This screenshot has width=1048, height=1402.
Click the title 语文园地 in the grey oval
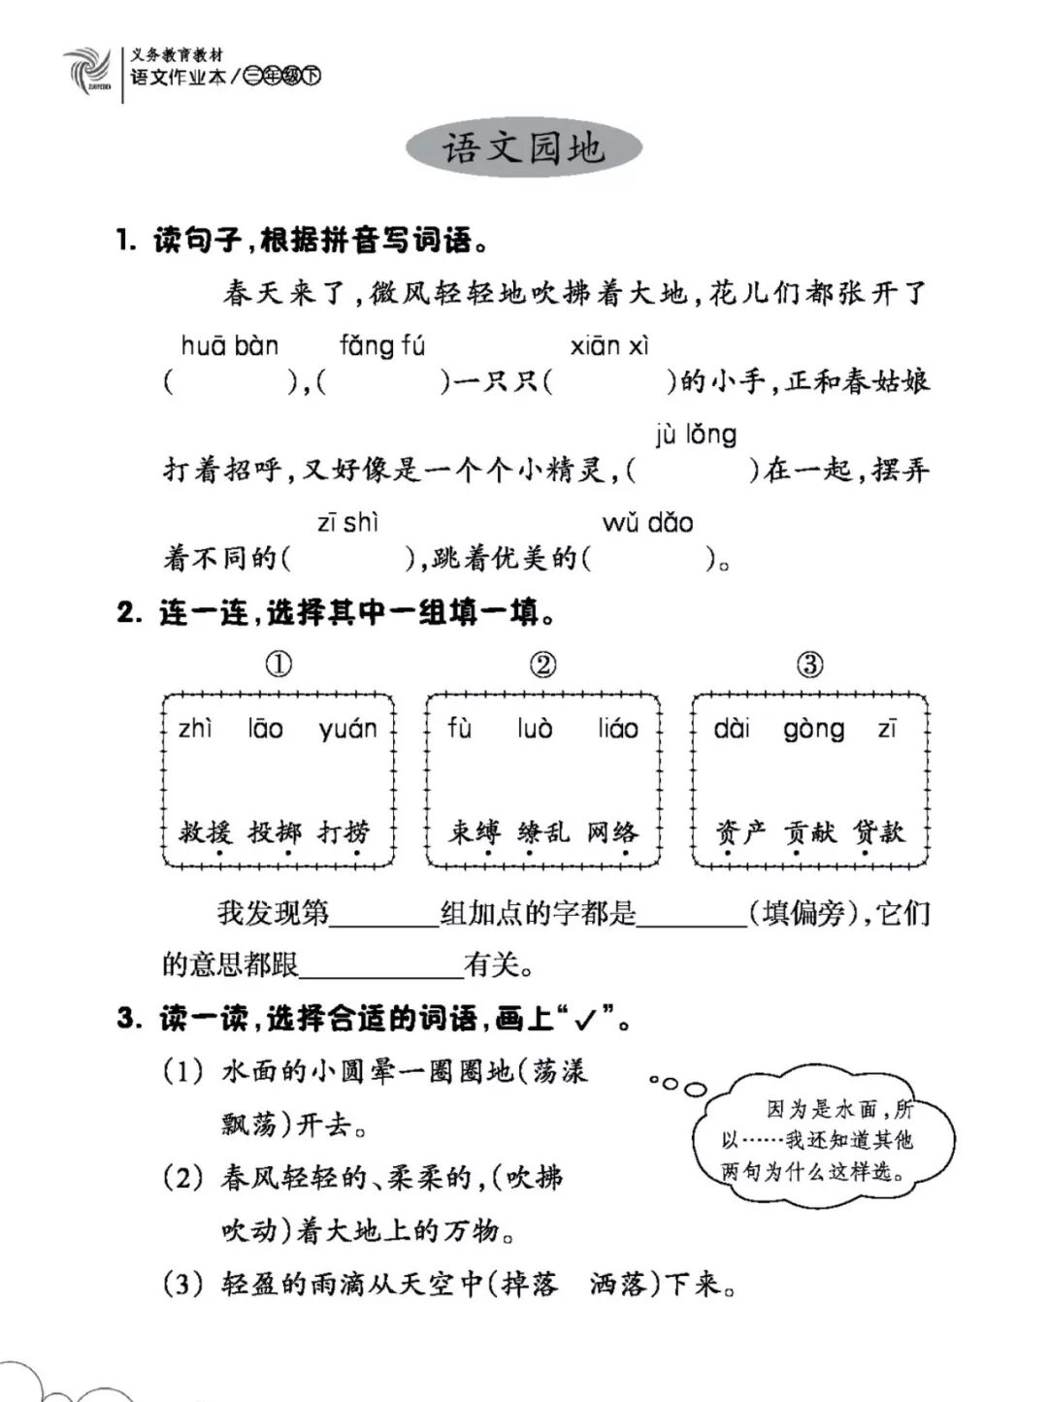click(x=524, y=148)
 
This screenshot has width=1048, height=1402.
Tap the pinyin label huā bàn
click(x=230, y=346)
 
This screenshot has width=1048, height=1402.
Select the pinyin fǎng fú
click(x=381, y=346)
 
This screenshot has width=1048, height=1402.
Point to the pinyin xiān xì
click(x=609, y=346)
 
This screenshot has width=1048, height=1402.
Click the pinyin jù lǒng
click(x=696, y=435)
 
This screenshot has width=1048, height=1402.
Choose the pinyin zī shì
click(x=347, y=523)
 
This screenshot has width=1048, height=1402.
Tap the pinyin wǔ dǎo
click(x=647, y=523)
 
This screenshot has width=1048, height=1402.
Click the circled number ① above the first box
click(x=278, y=665)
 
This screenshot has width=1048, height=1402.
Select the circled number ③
click(x=809, y=665)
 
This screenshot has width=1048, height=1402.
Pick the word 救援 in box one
click(x=205, y=831)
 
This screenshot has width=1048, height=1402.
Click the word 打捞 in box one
click(x=344, y=831)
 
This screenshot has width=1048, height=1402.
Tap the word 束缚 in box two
click(x=474, y=831)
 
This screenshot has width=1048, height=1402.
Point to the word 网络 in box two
click(x=612, y=831)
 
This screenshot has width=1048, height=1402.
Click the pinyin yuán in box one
click(x=346, y=730)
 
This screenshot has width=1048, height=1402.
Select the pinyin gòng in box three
click(x=813, y=730)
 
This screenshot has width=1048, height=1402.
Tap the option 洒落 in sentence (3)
click(x=617, y=1285)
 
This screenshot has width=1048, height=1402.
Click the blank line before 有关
click(x=381, y=965)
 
